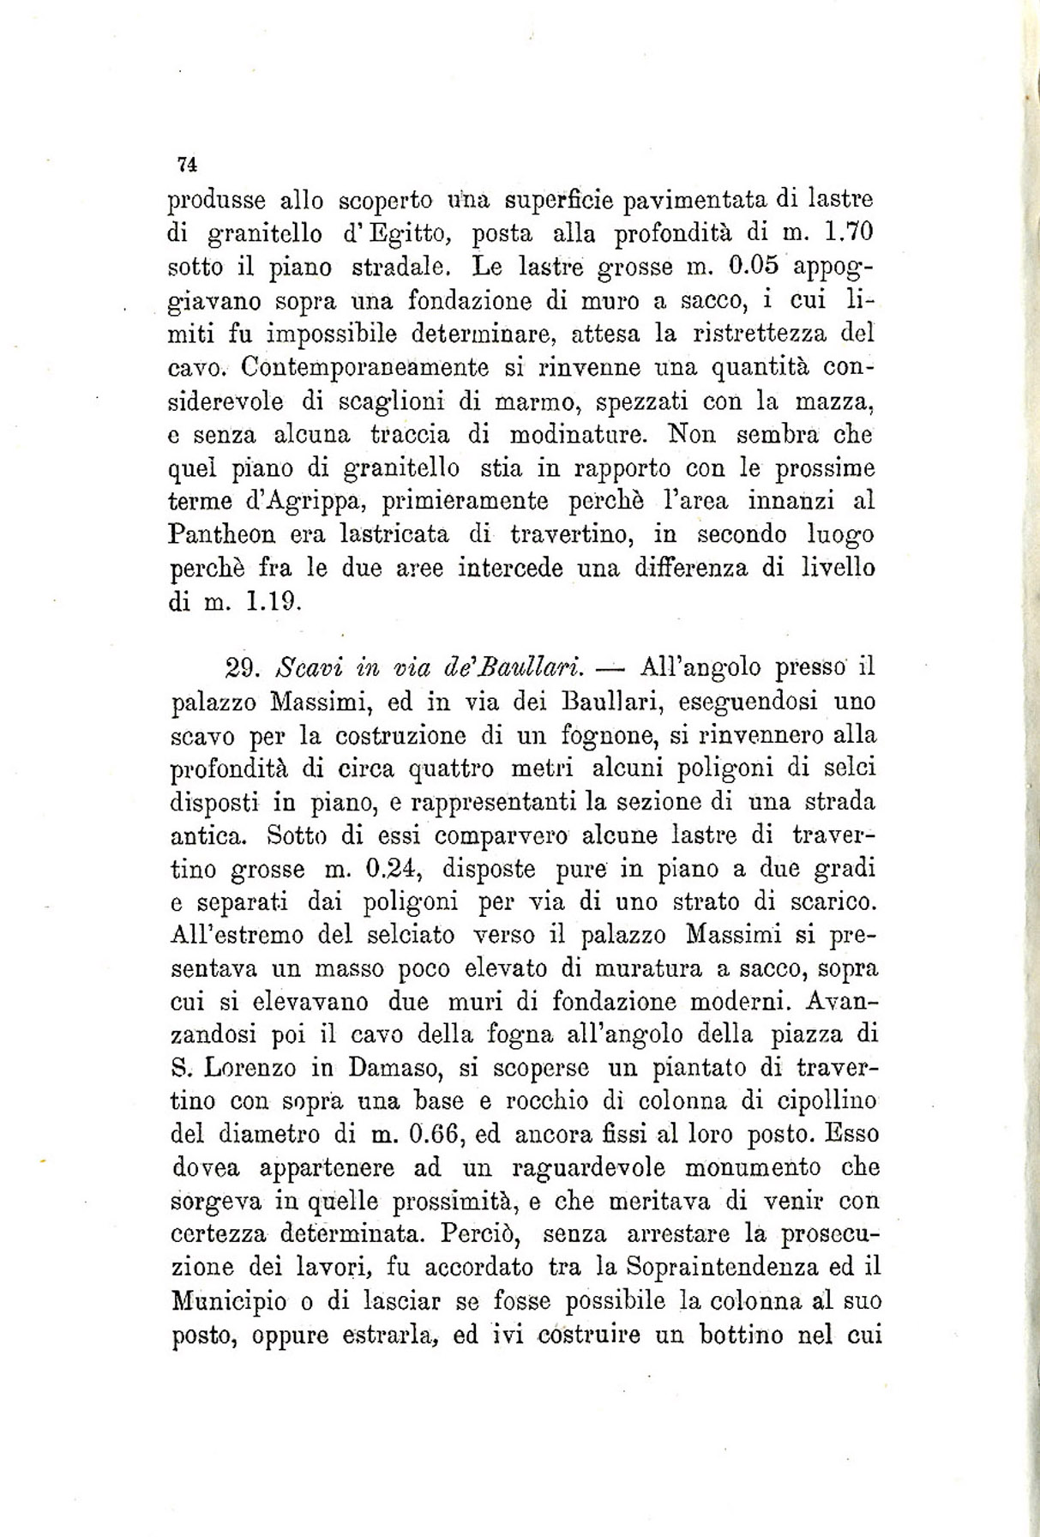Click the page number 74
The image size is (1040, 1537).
(x=187, y=163)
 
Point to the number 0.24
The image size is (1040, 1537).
(x=390, y=869)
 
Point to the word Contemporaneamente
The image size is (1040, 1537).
(x=364, y=367)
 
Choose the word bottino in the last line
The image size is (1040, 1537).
(x=729, y=1335)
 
